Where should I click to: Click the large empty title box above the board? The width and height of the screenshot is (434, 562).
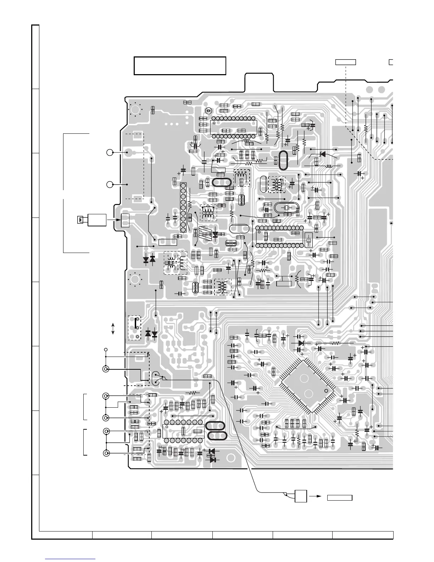(180, 66)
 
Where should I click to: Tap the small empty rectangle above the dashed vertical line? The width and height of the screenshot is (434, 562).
(345, 62)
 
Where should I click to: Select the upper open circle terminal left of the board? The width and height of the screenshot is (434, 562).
(110, 153)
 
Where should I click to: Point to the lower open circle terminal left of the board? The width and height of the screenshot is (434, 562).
(110, 184)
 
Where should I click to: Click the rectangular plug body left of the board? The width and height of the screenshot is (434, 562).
(97, 220)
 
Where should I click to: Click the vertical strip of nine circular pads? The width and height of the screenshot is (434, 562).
(183, 208)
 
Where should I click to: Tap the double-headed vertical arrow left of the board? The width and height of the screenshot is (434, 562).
(113, 329)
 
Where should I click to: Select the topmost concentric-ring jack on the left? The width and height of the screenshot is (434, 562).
(106, 369)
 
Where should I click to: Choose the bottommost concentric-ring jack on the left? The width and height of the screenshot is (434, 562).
(106, 453)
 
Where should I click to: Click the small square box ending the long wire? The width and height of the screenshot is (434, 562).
(301, 496)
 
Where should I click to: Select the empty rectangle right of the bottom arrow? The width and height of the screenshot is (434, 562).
(339, 497)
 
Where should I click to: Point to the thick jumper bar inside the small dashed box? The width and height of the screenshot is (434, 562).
(135, 323)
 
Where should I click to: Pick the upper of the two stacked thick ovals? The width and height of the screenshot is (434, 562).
(216, 426)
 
